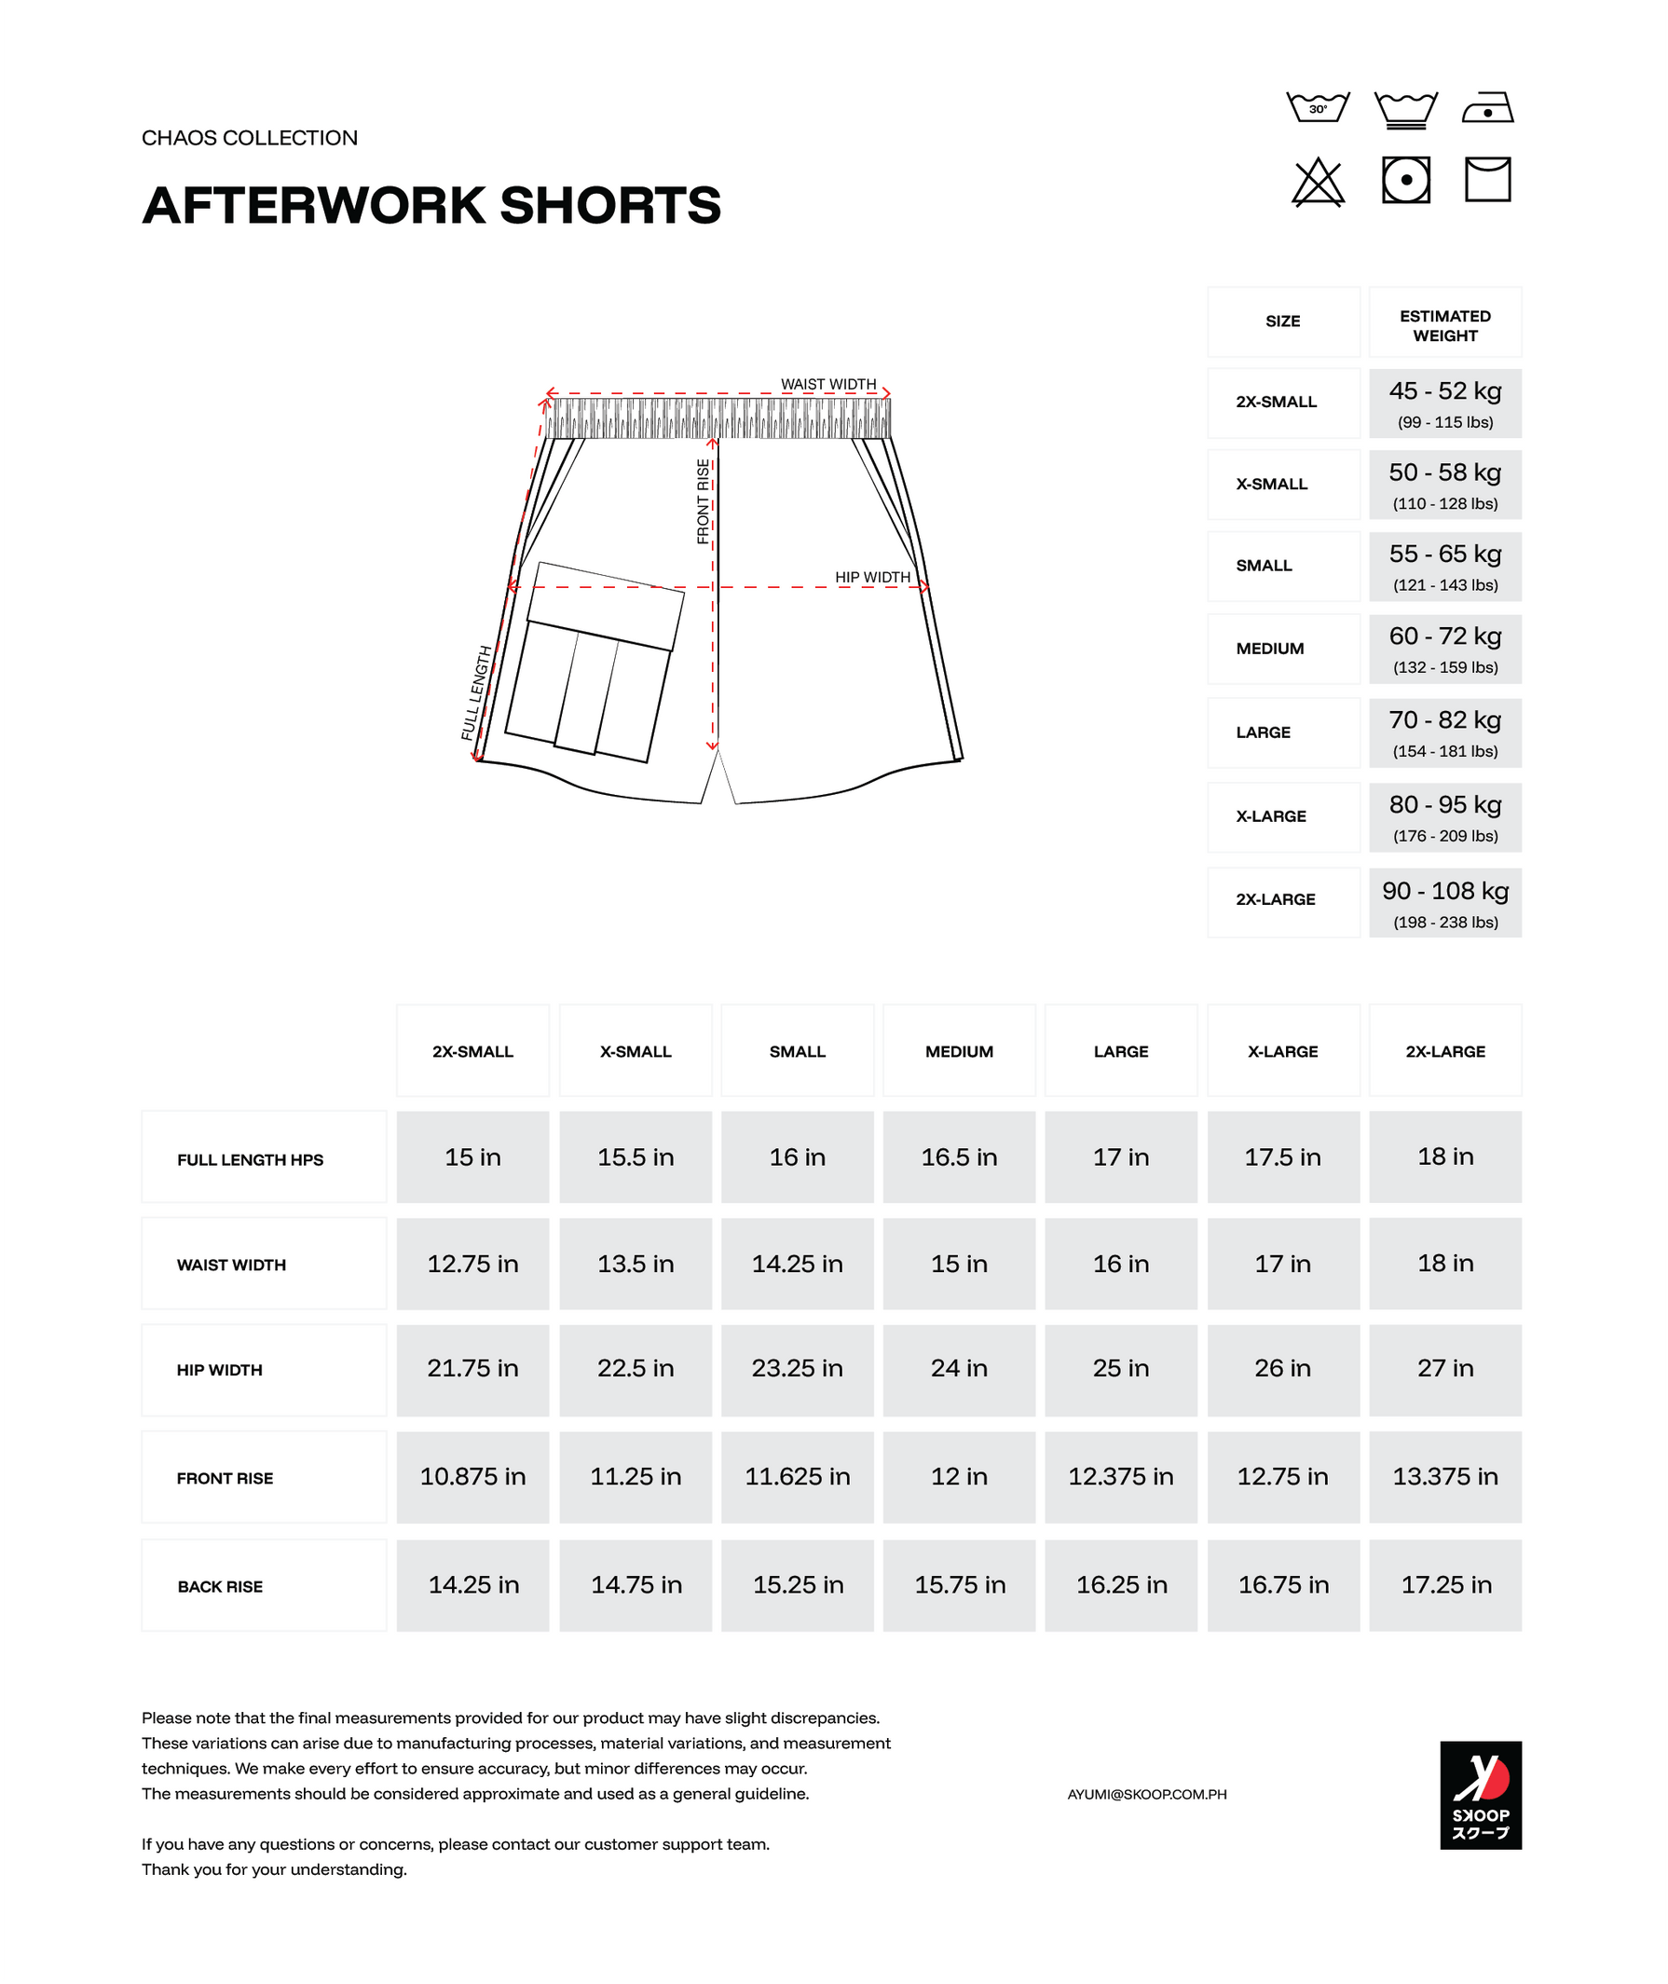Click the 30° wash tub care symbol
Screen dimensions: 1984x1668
click(1318, 107)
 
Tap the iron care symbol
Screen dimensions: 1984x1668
click(1487, 108)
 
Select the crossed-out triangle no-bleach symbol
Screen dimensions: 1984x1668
click(1318, 182)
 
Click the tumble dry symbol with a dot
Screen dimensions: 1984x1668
click(1405, 180)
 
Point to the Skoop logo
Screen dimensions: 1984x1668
click(1480, 1794)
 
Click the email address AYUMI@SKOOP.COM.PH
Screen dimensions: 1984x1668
click(1146, 1794)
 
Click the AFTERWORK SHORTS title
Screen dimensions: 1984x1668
click(431, 205)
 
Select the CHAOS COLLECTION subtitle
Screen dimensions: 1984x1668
click(250, 138)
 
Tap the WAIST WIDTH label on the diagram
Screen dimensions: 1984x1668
click(828, 384)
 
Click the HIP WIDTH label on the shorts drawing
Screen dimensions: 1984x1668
click(872, 577)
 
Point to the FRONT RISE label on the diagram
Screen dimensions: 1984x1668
click(703, 501)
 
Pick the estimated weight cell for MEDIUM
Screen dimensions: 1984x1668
click(1445, 649)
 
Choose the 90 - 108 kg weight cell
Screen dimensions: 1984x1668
click(1445, 902)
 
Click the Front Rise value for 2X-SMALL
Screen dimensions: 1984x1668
click(472, 1476)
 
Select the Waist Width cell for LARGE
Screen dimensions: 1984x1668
click(1120, 1264)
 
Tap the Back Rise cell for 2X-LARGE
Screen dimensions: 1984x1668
click(1445, 1585)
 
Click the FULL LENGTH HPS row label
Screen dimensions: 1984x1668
click(251, 1159)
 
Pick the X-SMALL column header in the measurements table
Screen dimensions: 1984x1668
click(636, 1051)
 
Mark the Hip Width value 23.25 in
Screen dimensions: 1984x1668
click(797, 1368)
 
